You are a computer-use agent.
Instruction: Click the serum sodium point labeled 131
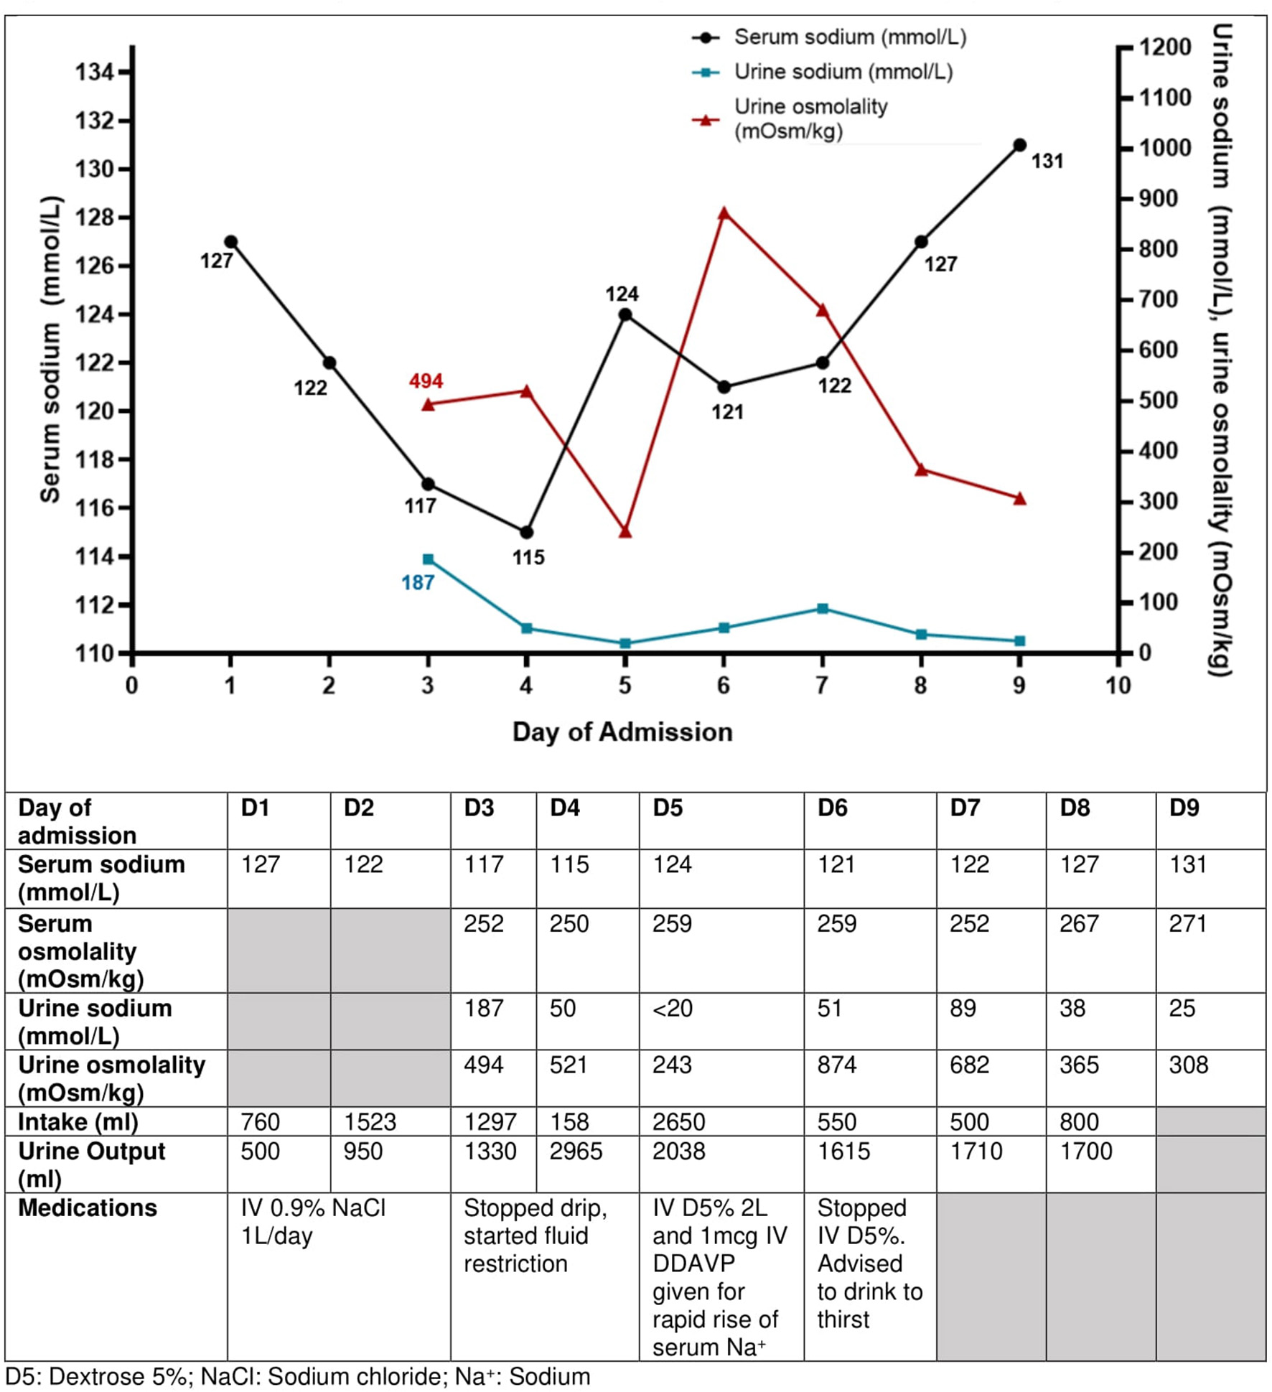[x=1019, y=145]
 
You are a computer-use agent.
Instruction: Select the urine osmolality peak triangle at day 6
[x=724, y=213]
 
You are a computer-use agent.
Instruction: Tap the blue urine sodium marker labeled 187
[x=428, y=559]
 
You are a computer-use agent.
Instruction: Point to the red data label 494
[x=426, y=380]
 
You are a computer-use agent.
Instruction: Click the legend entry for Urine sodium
[x=843, y=72]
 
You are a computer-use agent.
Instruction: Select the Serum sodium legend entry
[x=849, y=37]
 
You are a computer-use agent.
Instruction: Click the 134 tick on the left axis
[x=95, y=72]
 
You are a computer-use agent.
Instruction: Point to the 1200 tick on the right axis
[x=1165, y=47]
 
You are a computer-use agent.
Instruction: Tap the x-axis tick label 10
[x=1118, y=686]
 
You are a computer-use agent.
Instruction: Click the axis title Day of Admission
[x=622, y=732]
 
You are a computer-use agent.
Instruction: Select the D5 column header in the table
[x=668, y=808]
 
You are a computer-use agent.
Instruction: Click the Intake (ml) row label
[x=78, y=1121]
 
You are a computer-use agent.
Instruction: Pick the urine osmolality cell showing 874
[x=837, y=1065]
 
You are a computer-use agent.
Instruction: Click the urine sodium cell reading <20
[x=673, y=1009]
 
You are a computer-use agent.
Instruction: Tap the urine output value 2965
[x=576, y=1152]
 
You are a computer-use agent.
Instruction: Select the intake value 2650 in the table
[x=678, y=1121]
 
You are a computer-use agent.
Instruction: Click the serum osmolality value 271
[x=1188, y=924]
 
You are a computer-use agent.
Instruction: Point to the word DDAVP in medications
[x=693, y=1263]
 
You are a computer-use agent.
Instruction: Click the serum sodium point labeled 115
[x=526, y=532]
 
